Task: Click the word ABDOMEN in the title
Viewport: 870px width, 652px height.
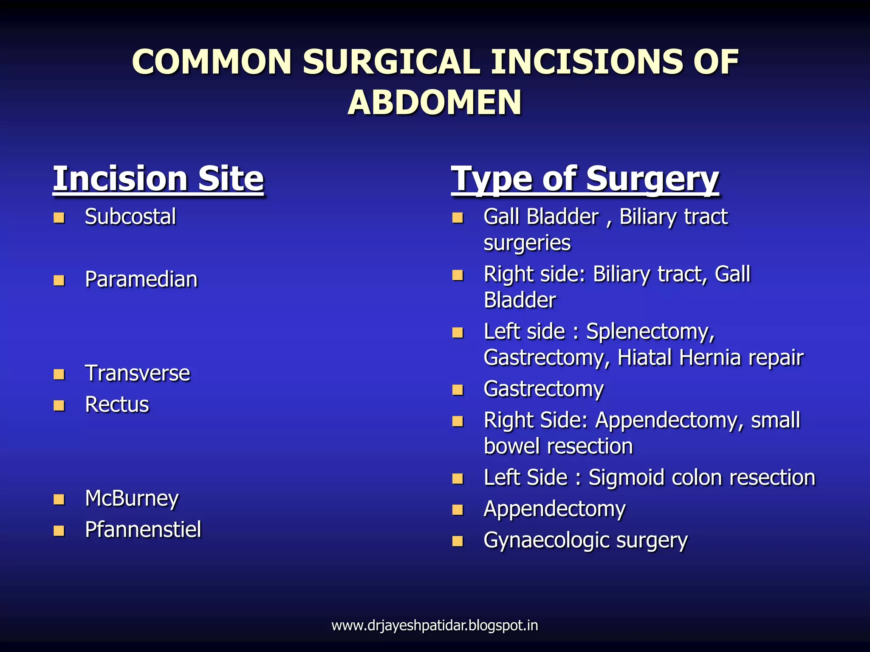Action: tap(434, 103)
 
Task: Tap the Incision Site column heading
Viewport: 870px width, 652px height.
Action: tap(158, 179)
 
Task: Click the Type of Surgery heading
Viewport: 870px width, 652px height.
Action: tap(585, 180)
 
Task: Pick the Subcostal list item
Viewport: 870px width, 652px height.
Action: tap(130, 217)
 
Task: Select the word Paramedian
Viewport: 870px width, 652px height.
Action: tap(141, 280)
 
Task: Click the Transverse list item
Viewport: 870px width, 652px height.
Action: tap(137, 374)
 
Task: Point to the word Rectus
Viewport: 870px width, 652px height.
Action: tap(117, 405)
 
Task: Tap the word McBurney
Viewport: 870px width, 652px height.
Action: tap(132, 498)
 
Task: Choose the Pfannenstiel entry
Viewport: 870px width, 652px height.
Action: tap(143, 530)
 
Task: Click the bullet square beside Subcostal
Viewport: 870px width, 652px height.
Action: tap(59, 218)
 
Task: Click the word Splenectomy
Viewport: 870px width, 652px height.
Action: tap(650, 332)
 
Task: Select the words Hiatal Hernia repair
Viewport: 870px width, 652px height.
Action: tap(710, 357)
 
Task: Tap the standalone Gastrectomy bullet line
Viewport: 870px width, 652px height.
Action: tap(543, 389)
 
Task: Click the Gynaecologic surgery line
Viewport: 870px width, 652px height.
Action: tap(585, 541)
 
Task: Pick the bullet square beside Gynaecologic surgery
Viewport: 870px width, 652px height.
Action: tap(458, 541)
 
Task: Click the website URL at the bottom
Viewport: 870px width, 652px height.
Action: tap(435, 625)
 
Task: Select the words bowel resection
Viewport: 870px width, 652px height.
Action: tap(558, 447)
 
